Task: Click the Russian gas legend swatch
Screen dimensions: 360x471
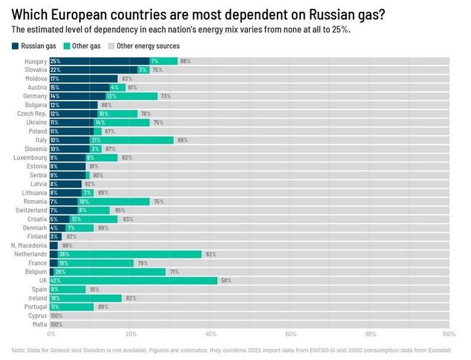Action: coord(15,46)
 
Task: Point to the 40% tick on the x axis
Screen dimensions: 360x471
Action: coord(211,334)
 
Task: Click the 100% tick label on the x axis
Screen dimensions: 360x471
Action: coord(448,334)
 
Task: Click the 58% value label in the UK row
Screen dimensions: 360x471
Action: coord(226,280)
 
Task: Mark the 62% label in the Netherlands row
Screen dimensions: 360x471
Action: coord(211,254)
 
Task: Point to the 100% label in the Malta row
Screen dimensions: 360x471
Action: coord(56,324)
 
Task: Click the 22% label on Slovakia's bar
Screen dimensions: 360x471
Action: coord(55,70)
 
